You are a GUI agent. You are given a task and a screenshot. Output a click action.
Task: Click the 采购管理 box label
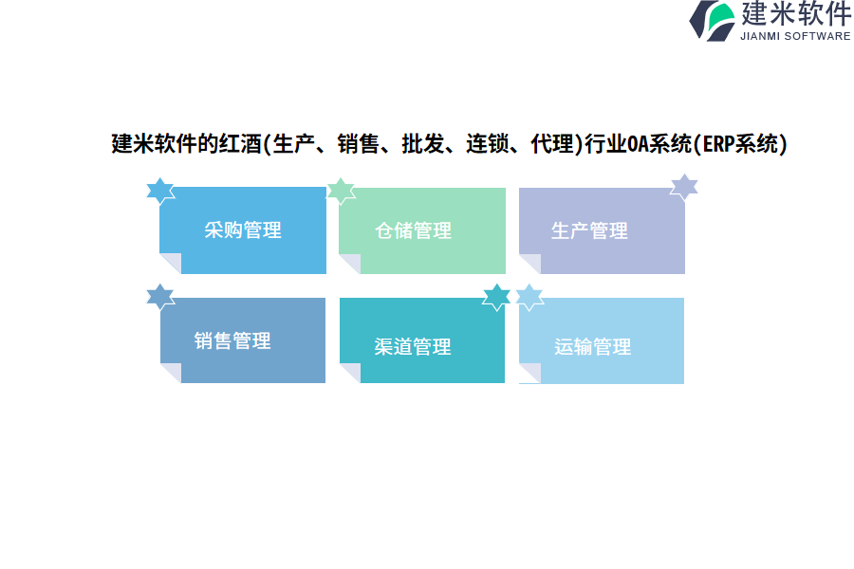click(x=243, y=230)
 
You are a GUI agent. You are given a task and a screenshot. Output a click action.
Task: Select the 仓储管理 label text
click(x=414, y=230)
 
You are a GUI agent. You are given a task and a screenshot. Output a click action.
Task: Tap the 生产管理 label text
click(x=589, y=230)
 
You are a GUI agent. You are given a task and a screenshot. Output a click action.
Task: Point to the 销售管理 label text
click(x=232, y=340)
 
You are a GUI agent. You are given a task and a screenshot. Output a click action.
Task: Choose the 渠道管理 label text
click(x=413, y=347)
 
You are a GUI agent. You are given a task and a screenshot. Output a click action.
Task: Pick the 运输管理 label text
click(x=592, y=347)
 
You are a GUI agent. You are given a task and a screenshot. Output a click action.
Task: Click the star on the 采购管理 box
click(x=160, y=191)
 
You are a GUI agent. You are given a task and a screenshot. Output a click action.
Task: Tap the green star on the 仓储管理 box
click(x=341, y=192)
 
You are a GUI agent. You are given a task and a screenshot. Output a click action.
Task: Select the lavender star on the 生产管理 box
click(x=684, y=188)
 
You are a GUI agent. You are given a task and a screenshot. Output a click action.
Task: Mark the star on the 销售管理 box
click(x=160, y=297)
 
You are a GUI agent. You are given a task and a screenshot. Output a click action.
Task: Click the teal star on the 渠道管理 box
click(x=496, y=297)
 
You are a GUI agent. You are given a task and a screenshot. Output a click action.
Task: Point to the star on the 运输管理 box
click(x=529, y=297)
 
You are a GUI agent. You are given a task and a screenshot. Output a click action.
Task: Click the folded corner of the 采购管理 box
click(x=171, y=263)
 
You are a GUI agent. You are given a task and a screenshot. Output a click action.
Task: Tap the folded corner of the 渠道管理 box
click(x=350, y=373)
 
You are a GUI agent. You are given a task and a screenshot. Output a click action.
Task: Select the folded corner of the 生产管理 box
click(x=529, y=264)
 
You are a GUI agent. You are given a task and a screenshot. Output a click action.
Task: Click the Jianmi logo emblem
click(x=712, y=21)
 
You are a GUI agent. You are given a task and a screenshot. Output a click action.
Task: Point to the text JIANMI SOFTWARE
click(x=795, y=36)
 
